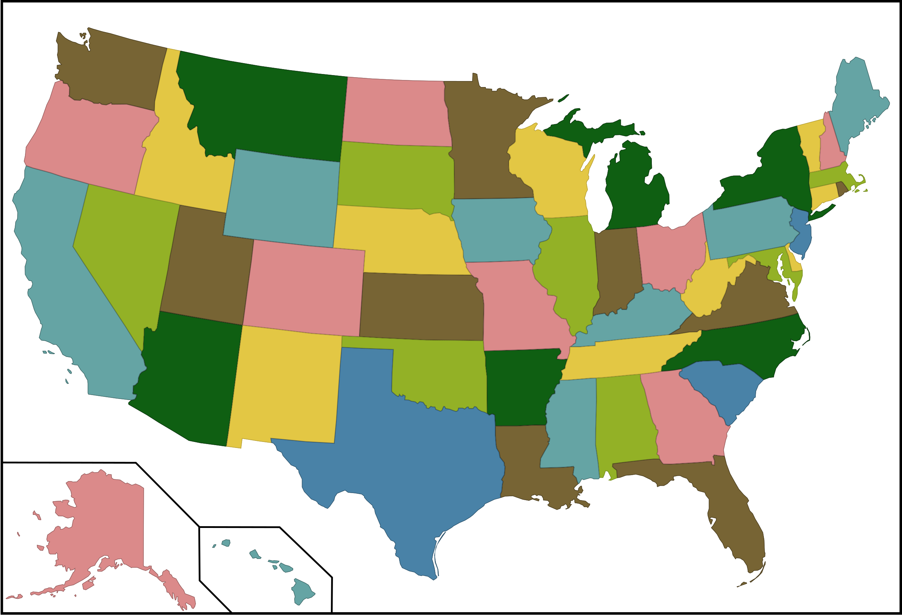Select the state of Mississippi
tap(570, 423)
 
